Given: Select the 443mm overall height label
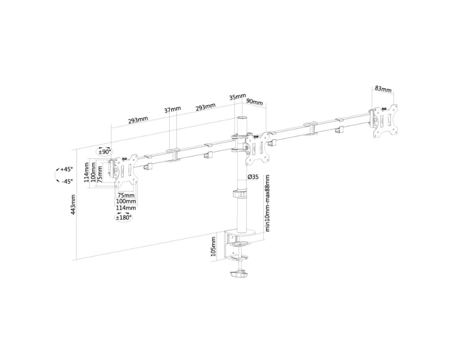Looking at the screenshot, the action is tap(73, 205).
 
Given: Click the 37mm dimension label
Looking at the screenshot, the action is tap(172, 109).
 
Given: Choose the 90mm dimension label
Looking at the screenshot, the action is tap(254, 102).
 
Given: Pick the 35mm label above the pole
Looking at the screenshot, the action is tap(238, 97).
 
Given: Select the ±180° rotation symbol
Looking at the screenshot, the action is tap(123, 217).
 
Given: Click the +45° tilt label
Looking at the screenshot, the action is tap(66, 169).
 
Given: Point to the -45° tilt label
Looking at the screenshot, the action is tap(67, 181).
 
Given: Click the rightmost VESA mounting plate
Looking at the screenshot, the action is tap(386, 121).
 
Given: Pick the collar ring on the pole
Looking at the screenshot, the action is tap(240, 194).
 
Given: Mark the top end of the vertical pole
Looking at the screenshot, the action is tap(242, 118).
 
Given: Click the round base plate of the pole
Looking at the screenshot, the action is tap(241, 232).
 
